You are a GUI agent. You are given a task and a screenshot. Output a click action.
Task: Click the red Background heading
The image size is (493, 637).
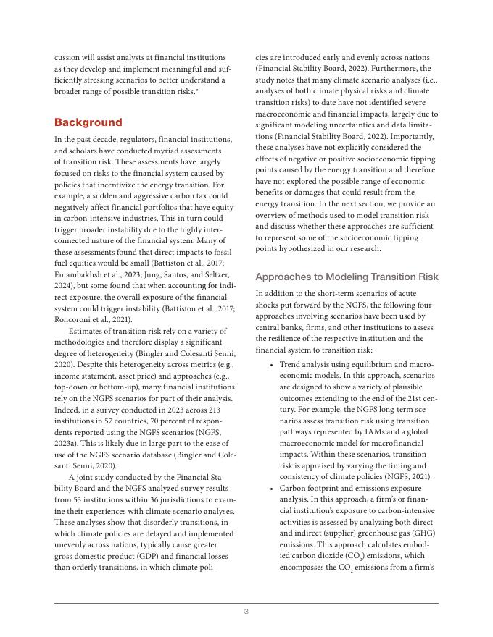(x=88, y=122)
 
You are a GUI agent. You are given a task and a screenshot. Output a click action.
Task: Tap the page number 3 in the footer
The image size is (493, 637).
(x=246, y=612)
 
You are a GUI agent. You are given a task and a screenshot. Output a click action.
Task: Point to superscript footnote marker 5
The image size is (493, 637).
(x=197, y=88)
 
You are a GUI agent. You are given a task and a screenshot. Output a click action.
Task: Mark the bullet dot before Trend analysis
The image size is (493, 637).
(x=270, y=364)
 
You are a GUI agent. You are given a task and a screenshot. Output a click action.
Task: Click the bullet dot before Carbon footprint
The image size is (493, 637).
(x=270, y=489)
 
